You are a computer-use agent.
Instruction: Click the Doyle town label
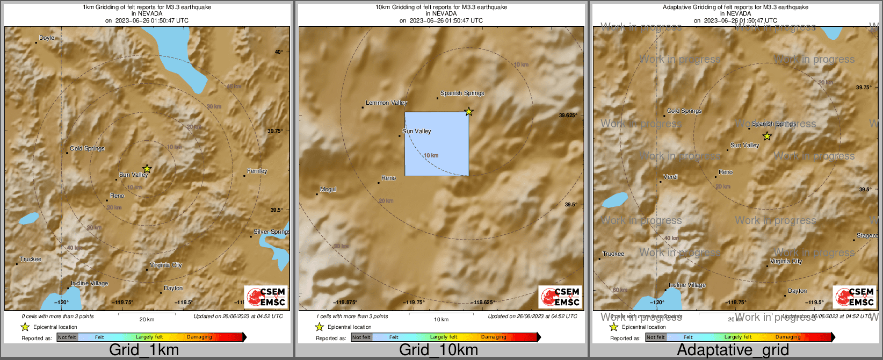[47, 38]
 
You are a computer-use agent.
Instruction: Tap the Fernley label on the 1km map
[257, 171]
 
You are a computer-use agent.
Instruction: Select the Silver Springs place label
[271, 232]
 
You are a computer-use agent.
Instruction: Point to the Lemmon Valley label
[386, 103]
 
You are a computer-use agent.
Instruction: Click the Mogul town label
[328, 190]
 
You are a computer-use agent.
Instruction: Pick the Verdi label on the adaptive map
[670, 177]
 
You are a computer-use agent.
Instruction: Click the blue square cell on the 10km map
[436, 143]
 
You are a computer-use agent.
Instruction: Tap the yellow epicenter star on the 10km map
[469, 111]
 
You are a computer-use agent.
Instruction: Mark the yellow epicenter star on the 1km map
[147, 169]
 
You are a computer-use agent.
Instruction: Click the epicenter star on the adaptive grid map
[767, 136]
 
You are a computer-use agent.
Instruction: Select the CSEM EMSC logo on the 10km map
[560, 297]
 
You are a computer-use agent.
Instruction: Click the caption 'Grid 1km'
[144, 350]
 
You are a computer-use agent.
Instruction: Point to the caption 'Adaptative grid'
[733, 350]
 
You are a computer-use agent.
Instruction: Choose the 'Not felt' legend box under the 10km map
[361, 337]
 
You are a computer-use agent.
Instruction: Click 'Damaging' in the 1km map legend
[199, 337]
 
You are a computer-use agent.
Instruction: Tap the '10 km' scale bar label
[441, 320]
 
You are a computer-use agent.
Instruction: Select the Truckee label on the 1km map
[31, 260]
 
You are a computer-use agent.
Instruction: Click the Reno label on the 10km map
[388, 178]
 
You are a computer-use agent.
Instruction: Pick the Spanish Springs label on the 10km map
[462, 93]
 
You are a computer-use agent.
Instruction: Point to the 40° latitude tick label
[279, 52]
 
